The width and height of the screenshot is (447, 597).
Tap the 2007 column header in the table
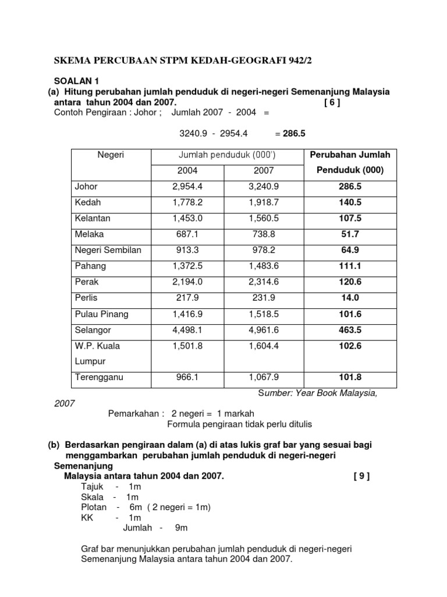point(264,171)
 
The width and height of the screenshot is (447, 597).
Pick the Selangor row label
point(93,331)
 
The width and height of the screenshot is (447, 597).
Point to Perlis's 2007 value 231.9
point(264,298)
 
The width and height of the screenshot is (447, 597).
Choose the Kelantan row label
point(93,219)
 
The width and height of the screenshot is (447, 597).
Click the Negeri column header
point(111,155)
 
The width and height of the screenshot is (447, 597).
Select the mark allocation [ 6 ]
point(332,103)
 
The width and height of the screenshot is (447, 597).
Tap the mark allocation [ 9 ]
point(361,476)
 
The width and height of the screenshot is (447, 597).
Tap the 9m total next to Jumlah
point(181,528)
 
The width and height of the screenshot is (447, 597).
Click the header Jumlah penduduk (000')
point(226,155)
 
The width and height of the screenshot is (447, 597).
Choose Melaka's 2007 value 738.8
point(264,234)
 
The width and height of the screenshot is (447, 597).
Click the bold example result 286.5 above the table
point(294,134)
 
